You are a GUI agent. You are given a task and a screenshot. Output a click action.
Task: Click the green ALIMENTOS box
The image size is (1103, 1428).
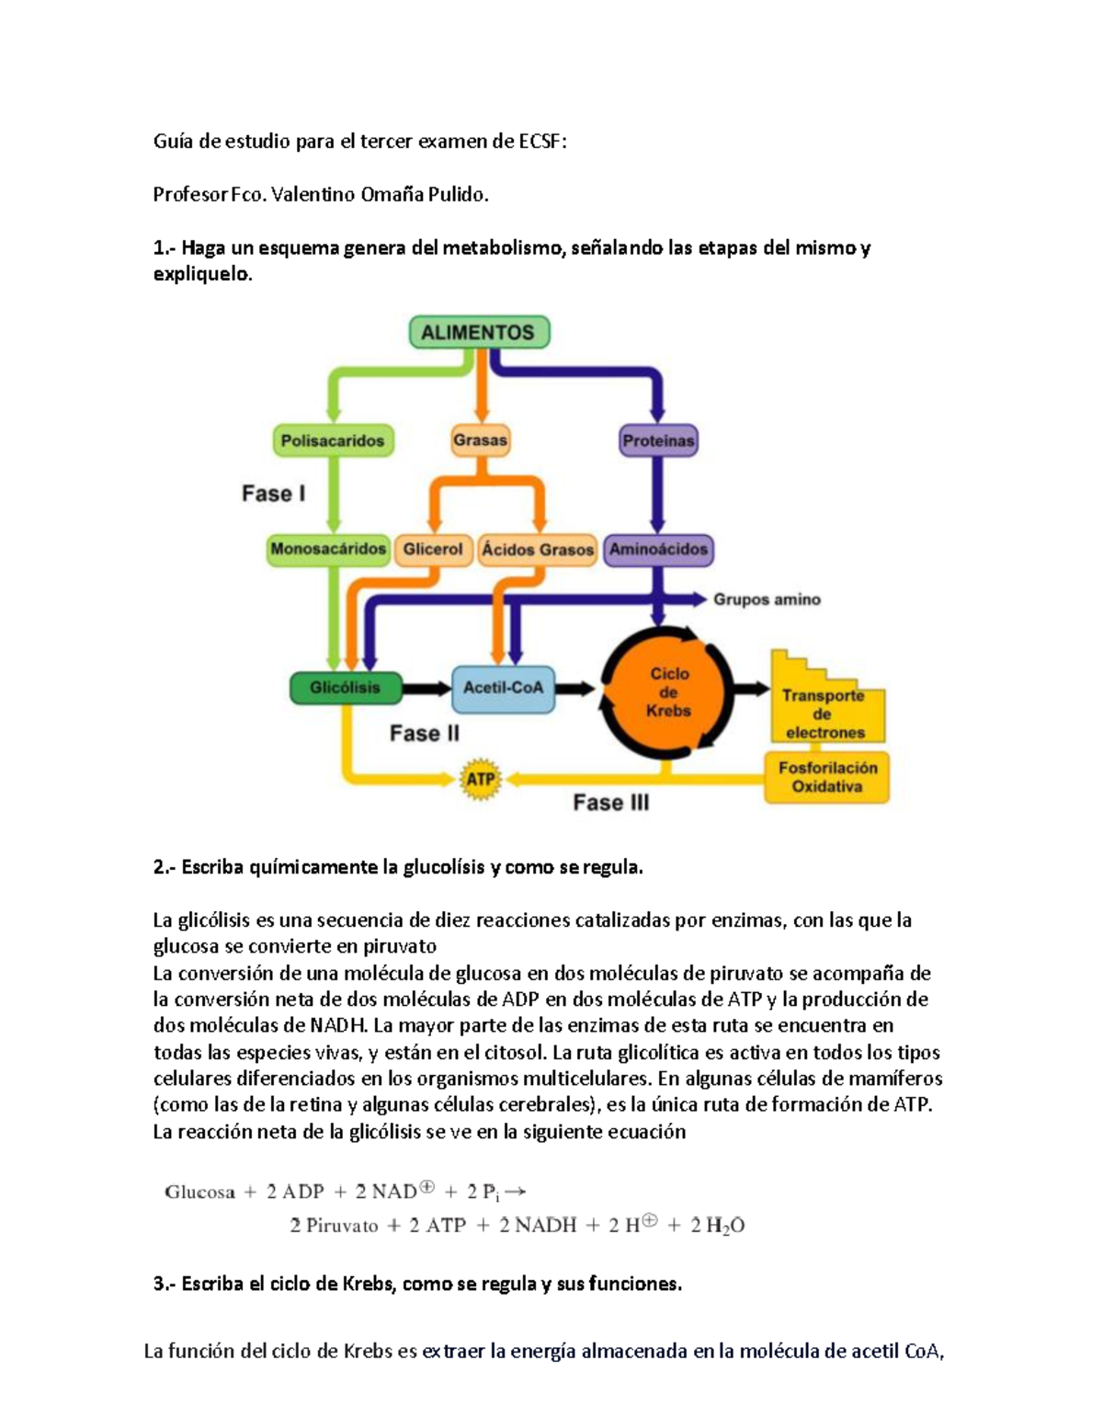(x=479, y=333)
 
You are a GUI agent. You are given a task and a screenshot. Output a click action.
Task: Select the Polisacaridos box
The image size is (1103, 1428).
(x=333, y=440)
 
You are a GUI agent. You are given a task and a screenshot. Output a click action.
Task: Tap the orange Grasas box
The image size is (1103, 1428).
(x=480, y=440)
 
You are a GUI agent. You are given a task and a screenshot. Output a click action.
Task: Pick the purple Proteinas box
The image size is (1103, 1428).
(x=658, y=440)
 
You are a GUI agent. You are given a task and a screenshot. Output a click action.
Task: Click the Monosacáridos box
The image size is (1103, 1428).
(x=328, y=549)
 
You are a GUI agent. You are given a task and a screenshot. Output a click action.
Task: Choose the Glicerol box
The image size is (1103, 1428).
(x=433, y=549)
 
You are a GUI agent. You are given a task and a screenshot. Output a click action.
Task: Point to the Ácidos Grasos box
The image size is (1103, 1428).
(x=538, y=550)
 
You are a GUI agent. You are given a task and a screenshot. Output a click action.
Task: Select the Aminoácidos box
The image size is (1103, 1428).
(x=658, y=550)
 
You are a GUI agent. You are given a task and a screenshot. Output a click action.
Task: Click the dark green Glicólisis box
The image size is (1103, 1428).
(x=345, y=688)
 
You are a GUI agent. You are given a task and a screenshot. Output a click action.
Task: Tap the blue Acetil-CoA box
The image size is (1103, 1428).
(x=503, y=688)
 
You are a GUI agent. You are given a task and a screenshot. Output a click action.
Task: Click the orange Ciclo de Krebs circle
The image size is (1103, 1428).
(x=668, y=691)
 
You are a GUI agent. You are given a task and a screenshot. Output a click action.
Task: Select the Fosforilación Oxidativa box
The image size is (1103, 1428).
(x=827, y=777)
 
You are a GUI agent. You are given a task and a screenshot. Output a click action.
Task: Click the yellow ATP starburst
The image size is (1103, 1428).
(x=481, y=780)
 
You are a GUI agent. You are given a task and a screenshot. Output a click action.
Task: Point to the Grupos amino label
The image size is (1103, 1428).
(x=767, y=600)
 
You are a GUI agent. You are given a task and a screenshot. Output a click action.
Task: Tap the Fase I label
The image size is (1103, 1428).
(x=273, y=494)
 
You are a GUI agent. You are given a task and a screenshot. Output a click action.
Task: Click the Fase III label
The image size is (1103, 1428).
(x=611, y=803)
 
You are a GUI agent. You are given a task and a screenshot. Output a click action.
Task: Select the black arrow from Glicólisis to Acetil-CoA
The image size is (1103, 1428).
(x=427, y=688)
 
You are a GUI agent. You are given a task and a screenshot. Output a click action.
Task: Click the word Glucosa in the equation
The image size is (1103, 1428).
(x=199, y=1193)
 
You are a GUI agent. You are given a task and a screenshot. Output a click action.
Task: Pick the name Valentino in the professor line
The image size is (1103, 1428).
(x=309, y=195)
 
